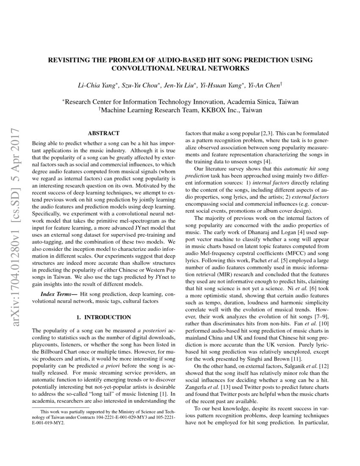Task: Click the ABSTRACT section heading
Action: pyautogui.click(x=103, y=133)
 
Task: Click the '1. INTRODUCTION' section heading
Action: pyautogui.click(x=103, y=317)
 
